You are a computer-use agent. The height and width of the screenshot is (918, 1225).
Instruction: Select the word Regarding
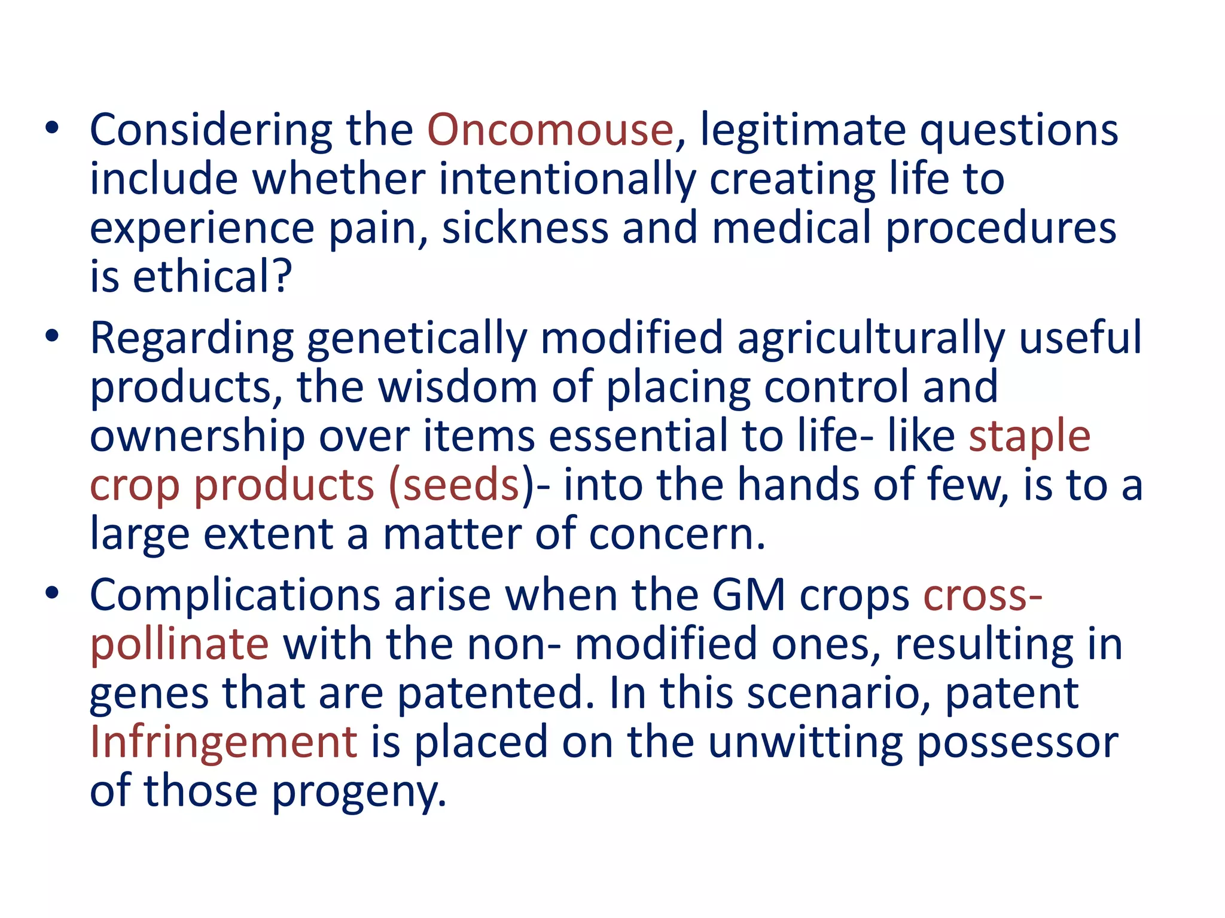coord(191,339)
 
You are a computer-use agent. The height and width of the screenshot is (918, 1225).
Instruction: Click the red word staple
coord(1029,436)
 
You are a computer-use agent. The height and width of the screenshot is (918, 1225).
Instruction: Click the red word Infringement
coord(224,742)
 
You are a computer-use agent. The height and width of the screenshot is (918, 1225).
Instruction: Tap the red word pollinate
coord(179,645)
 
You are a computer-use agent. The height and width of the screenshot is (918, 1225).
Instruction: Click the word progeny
coord(359,791)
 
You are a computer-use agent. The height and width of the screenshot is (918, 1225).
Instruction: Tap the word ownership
coord(197,436)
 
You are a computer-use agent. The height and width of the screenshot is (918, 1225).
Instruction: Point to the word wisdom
coord(458,387)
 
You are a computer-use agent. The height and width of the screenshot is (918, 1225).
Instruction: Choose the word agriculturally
coord(871,339)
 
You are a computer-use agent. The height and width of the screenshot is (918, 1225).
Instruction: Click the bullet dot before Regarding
coord(53,336)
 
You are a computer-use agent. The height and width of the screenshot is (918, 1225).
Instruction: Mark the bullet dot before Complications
coord(53,593)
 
